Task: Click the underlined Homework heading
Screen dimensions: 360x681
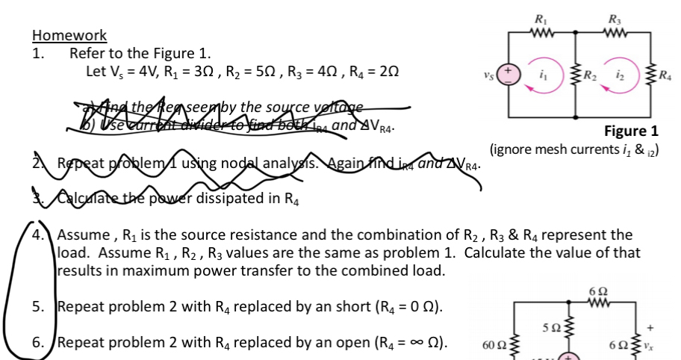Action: [x=69, y=35]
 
